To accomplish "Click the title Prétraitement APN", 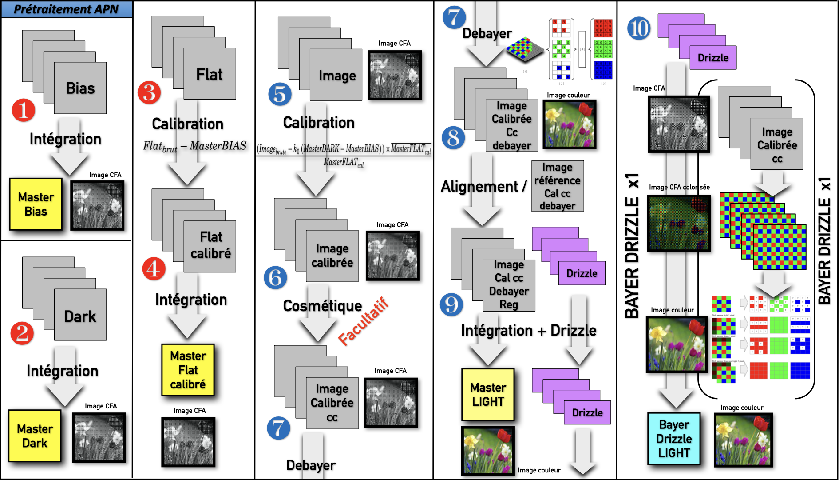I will point(66,9).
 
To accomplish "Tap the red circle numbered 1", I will point(24,110).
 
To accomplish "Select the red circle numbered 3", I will point(149,92).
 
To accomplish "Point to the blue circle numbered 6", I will point(275,277).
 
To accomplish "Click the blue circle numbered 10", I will point(639,28).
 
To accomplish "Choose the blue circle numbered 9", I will point(451,304).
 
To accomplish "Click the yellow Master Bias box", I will point(36,204).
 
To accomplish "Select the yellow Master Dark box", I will point(35,436).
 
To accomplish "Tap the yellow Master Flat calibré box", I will point(188,370).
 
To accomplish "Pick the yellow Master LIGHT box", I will point(488,394).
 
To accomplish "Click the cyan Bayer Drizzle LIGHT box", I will point(674,439).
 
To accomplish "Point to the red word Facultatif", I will point(363,321).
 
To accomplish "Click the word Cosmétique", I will point(322,306).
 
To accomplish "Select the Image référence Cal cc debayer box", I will point(558,186).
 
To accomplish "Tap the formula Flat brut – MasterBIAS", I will point(194,146).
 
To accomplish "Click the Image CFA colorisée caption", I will point(679,187).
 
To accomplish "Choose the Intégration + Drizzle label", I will point(529,331).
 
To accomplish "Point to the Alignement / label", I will point(483,186).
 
